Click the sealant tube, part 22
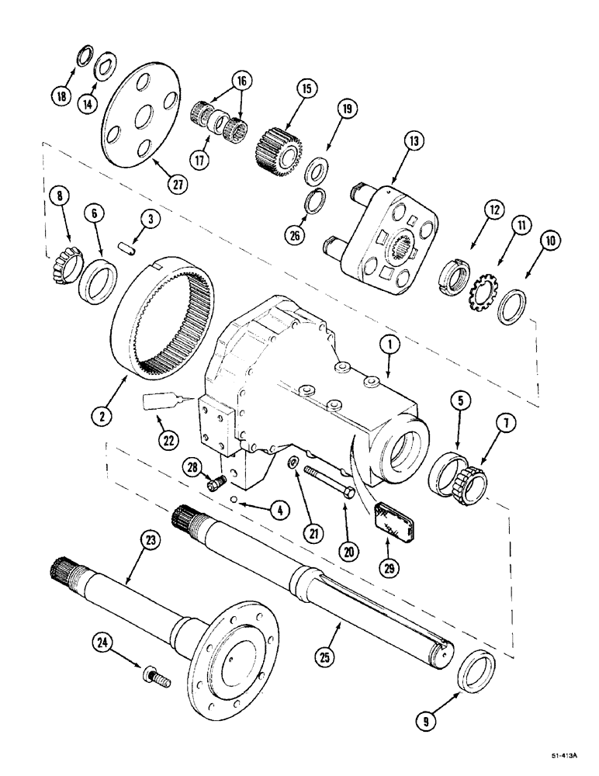160,403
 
